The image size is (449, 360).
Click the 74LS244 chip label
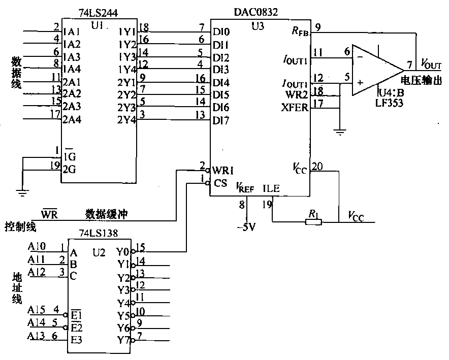pyautogui.click(x=99, y=11)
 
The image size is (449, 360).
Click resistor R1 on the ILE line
pyautogui.click(x=311, y=222)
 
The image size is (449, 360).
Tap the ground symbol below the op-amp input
pyautogui.click(x=339, y=133)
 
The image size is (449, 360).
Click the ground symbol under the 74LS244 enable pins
pyautogui.click(x=21, y=192)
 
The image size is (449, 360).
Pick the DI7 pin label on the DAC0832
pyautogui.click(x=221, y=120)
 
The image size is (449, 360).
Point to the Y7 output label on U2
pyautogui.click(x=123, y=340)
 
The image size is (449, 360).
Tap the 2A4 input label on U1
pyautogui.click(x=72, y=120)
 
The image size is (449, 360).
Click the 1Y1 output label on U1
pyautogui.click(x=126, y=31)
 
